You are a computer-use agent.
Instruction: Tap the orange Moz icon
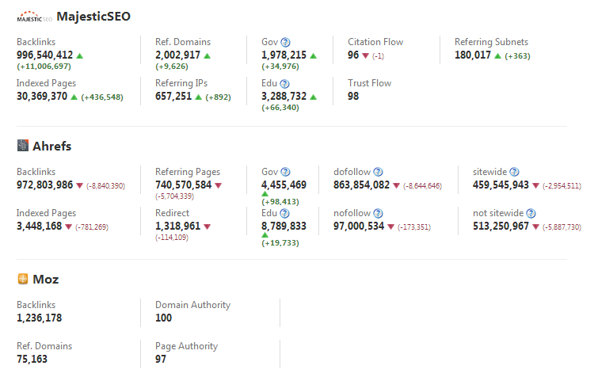click(x=23, y=279)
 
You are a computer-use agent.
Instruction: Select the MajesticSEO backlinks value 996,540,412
click(x=45, y=55)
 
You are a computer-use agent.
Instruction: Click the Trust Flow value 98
click(x=353, y=96)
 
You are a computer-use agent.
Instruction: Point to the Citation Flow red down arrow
click(x=365, y=55)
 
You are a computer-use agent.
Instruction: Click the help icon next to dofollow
click(x=379, y=172)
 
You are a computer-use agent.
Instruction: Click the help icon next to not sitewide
click(x=531, y=213)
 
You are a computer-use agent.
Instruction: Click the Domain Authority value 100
click(x=164, y=318)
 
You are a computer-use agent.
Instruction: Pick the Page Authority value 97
click(x=161, y=360)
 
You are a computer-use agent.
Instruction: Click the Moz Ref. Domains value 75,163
click(x=34, y=360)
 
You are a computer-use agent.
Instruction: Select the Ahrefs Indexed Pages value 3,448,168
click(x=39, y=226)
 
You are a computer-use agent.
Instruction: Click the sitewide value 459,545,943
click(x=495, y=185)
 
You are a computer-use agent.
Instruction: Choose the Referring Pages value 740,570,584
click(x=183, y=185)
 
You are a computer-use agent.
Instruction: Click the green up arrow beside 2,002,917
click(x=208, y=55)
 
